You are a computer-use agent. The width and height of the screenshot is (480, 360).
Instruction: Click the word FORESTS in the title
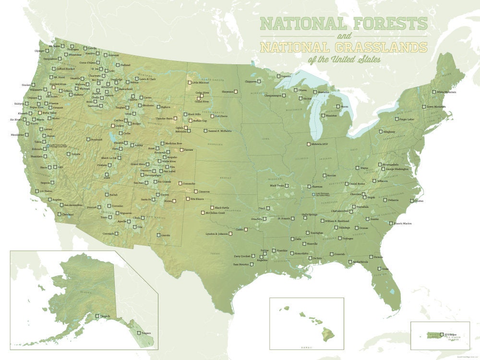pos(387,23)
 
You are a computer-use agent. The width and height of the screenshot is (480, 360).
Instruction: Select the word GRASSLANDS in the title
pos(379,47)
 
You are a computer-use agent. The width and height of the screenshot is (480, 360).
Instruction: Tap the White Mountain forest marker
pos(433,92)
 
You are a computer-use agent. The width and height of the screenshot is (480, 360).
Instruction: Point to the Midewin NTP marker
pos(309,144)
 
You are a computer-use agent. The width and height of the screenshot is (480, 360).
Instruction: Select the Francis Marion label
pos(403,223)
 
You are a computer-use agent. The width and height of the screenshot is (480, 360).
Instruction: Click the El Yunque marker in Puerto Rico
pos(442,334)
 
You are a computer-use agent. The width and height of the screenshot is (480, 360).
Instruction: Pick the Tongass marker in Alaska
pos(139,333)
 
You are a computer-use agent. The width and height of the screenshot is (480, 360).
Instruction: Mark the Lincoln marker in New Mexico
pos(159,235)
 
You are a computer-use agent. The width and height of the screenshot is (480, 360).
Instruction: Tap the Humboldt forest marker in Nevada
pos(88,140)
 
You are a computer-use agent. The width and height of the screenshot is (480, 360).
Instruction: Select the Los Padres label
pos(44,191)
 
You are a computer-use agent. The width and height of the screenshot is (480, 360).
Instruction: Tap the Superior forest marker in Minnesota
pos(278,76)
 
